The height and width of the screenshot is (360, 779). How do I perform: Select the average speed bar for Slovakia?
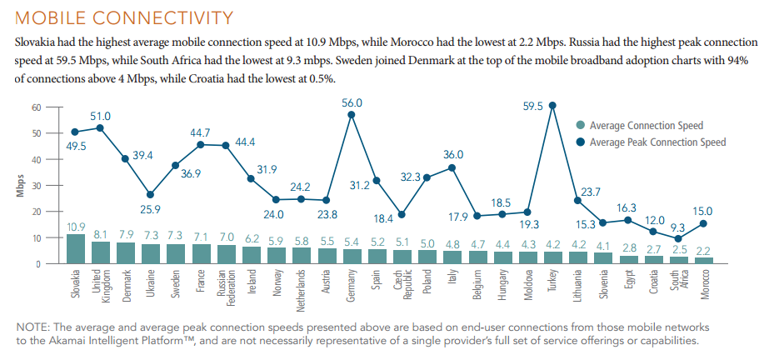click(75, 248)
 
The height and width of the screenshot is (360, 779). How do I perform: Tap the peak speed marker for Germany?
click(351, 114)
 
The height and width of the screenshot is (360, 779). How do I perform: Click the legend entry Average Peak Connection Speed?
click(657, 142)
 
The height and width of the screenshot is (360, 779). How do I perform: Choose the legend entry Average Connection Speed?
click(646, 126)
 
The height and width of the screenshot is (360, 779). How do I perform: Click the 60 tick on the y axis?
click(36, 107)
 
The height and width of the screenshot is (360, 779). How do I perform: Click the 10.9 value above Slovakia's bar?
click(75, 227)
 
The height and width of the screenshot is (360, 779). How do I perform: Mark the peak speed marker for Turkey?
click(552, 106)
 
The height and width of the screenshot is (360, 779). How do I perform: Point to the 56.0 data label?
click(352, 102)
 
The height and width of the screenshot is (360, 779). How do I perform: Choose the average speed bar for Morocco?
click(704, 260)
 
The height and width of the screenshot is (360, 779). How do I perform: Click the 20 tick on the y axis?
click(36, 212)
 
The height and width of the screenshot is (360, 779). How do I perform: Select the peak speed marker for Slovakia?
click(75, 132)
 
